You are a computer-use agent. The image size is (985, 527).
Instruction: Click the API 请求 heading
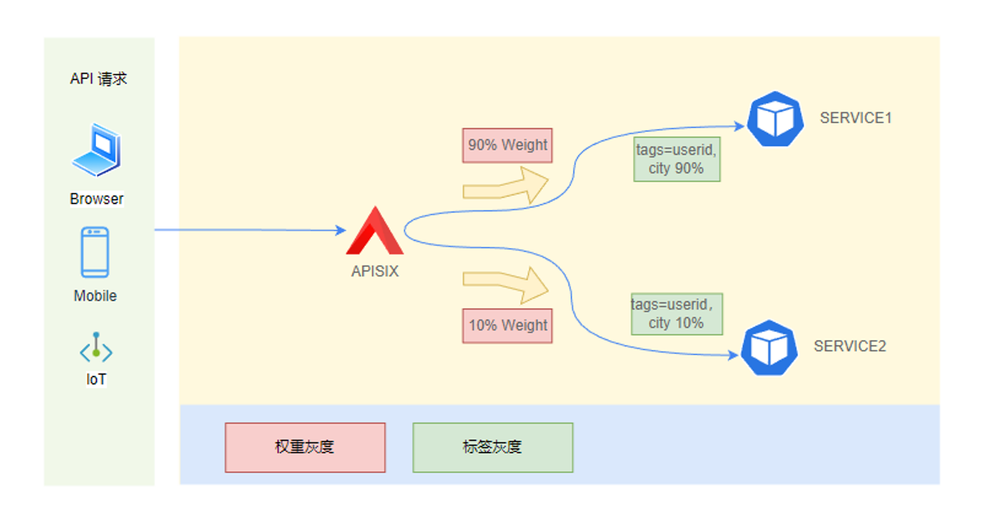point(98,78)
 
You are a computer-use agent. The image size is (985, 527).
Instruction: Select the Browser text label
point(96,199)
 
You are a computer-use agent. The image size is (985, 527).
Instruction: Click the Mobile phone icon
point(95,252)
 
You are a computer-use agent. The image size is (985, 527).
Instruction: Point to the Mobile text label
point(95,296)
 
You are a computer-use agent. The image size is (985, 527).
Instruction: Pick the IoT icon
point(96,348)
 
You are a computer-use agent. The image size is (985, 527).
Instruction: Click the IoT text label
point(96,380)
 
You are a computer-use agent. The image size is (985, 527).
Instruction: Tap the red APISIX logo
point(374,232)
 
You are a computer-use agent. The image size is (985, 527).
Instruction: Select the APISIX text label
point(374,272)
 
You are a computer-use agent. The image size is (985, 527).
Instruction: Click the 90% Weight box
point(507,146)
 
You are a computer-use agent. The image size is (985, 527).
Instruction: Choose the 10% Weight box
point(507,326)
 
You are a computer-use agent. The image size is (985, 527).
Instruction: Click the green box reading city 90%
point(677,159)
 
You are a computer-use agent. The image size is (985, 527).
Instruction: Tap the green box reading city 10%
point(677,313)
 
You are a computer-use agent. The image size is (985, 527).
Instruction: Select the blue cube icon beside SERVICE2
point(770,347)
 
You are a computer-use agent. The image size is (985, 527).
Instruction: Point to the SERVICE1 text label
point(855,118)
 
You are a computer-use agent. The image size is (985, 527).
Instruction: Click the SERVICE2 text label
point(850,346)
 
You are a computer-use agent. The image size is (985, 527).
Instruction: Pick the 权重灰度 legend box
point(305,447)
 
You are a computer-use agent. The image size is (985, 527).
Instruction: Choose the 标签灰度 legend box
point(493,447)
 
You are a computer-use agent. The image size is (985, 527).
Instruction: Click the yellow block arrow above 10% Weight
point(505,284)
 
